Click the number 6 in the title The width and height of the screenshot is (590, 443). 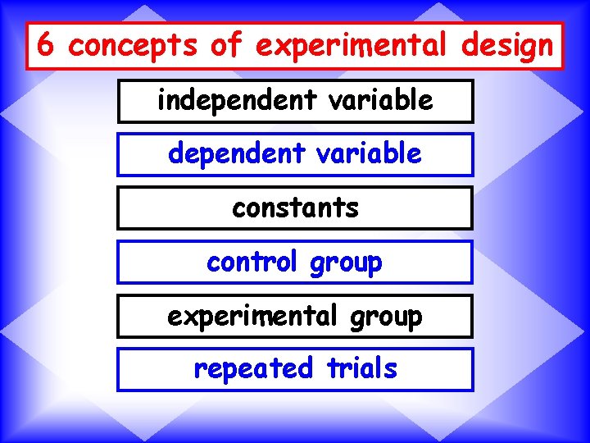coord(46,45)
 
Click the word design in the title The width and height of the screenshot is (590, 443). coord(507,47)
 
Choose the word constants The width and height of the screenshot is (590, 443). coord(295,208)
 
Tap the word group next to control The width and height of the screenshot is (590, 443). coord(346,263)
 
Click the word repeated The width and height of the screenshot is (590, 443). coord(253,369)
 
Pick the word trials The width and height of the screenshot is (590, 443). coord(361,368)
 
